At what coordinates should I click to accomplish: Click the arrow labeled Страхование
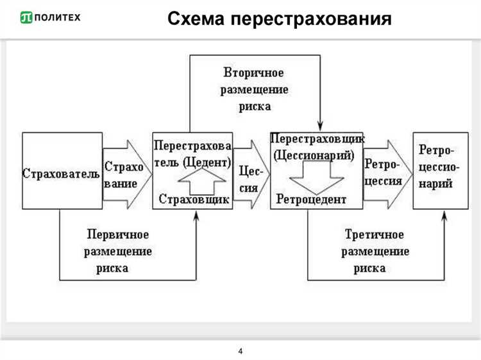126,173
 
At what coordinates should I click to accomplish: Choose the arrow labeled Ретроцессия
384,173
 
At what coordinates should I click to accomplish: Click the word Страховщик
192,198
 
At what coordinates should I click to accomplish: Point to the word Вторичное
254,71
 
